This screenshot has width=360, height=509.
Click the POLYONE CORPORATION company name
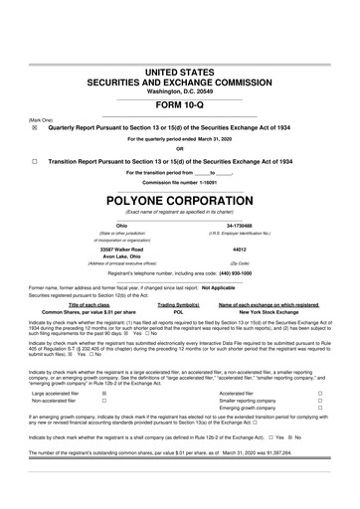tap(180, 198)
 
